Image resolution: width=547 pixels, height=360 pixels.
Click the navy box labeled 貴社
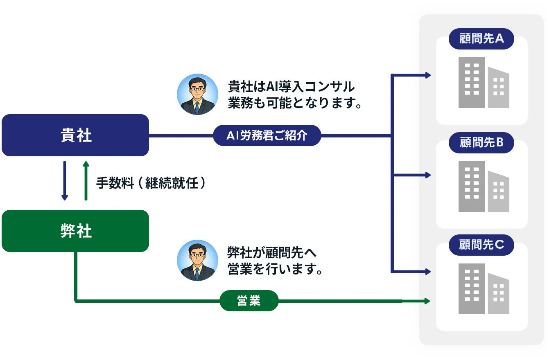tap(75, 135)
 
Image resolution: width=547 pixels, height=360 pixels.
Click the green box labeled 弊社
tap(75, 231)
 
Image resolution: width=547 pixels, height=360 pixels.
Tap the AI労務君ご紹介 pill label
tap(267, 135)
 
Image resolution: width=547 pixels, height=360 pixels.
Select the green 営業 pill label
tap(249, 301)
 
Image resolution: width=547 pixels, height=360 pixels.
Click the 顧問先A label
tap(481, 39)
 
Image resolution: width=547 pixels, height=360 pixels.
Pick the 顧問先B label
tap(481, 143)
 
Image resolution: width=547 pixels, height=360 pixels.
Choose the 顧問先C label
tap(481, 245)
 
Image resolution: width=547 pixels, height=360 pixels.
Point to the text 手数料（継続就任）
tap(150, 183)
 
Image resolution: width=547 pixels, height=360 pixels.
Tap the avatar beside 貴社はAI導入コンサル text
tap(197, 94)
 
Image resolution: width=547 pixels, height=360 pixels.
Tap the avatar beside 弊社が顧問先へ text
tap(197, 260)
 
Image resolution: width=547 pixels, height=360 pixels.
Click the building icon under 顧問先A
tap(484, 83)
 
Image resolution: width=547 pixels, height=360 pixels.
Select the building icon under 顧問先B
tap(484, 187)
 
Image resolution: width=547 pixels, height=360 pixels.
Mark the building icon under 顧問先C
tap(484, 289)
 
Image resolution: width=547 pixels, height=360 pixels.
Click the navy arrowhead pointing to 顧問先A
tap(428, 75)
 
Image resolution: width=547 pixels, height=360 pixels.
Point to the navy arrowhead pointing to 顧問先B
tap(428, 175)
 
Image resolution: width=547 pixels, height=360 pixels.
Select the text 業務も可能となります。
tap(295, 103)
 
